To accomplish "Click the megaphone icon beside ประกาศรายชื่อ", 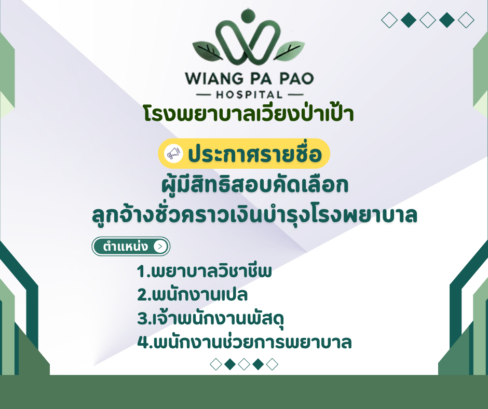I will pos(173,154).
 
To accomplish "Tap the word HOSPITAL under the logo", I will pos(250,95).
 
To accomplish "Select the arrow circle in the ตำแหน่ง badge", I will pos(160,247).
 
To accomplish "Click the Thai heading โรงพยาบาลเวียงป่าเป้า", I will pos(250,114).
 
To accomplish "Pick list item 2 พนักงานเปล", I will pos(193,295).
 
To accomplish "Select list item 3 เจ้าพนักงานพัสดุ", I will pos(211,318).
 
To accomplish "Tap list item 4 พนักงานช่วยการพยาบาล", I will pos(245,342).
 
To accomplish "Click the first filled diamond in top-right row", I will pos(409,20).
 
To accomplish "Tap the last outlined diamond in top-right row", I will pos(466,20).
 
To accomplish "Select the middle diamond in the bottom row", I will pos(244,364).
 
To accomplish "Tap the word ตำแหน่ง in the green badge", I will pos(126,247).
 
